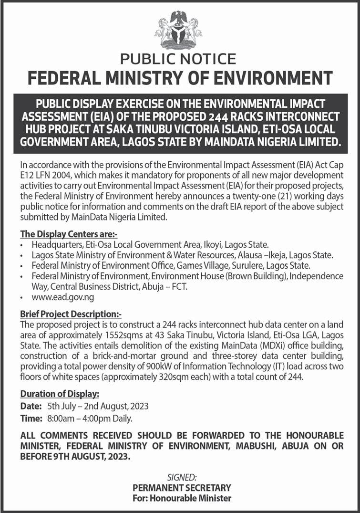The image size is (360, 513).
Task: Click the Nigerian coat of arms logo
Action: (178, 29)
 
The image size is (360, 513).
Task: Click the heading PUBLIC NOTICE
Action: (178, 59)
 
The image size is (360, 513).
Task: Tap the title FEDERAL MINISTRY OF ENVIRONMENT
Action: (180, 77)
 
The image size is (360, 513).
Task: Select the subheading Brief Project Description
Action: (71, 314)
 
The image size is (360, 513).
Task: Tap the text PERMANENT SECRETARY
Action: (182, 487)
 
